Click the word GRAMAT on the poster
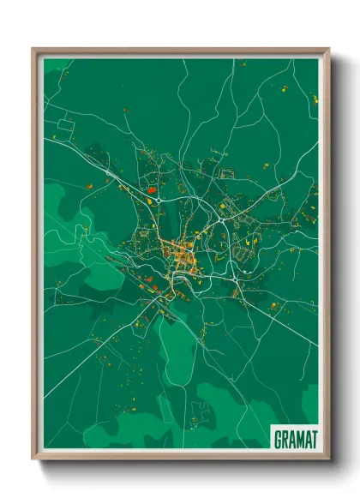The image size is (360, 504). tap(295, 439)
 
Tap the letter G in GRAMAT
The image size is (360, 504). tap(279, 439)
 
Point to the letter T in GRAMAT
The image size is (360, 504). tap(314, 439)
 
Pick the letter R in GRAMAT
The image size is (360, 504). tap(285, 439)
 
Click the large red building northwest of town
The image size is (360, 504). tap(151, 189)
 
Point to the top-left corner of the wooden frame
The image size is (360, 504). tap(33, 48)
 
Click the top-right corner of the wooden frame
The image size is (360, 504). tap(328, 48)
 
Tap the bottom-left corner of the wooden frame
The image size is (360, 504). tap(33, 460)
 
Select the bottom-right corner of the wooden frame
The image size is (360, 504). tap(328, 460)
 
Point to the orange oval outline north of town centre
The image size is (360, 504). tap(188, 232)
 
